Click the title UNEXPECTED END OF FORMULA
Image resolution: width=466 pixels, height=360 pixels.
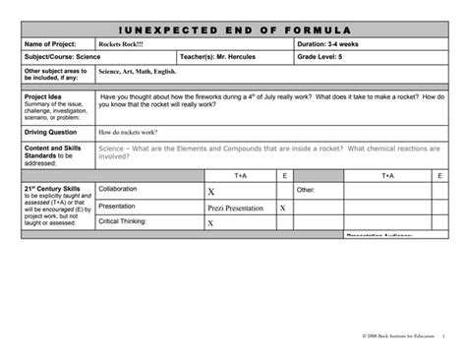tap(234, 30)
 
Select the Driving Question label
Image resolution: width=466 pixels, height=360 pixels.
tap(52, 130)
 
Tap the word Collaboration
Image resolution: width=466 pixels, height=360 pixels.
tap(118, 189)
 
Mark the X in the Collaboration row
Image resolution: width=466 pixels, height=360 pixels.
tap(211, 192)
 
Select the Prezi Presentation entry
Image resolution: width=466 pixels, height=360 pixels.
tap(236, 209)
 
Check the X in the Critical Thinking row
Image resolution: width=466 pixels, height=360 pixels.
tap(211, 223)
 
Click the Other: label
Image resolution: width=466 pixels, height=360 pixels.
tap(306, 189)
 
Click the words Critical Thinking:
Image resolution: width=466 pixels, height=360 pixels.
tap(122, 222)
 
